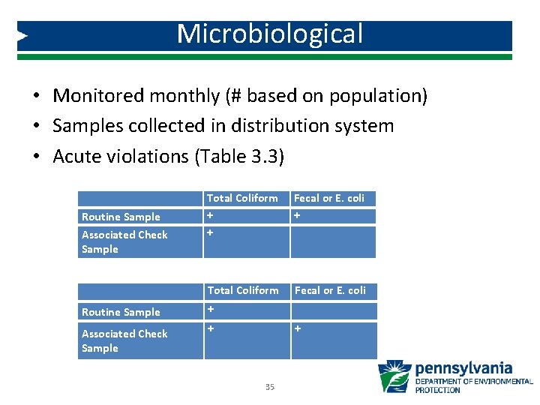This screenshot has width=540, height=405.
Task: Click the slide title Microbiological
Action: click(270, 34)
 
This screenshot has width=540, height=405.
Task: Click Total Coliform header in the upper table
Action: click(241, 198)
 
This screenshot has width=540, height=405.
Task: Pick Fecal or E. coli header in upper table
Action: click(328, 198)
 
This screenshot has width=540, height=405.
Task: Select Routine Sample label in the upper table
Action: click(121, 217)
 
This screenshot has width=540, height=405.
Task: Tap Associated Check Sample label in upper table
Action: click(124, 241)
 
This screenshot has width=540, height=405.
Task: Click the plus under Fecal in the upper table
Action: click(297, 216)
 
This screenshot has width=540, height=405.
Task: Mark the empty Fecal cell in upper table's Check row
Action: click(333, 241)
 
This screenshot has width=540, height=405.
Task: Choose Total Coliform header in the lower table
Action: click(242, 290)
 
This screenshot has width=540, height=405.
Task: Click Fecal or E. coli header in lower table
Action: click(329, 290)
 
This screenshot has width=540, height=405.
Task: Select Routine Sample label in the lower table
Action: click(121, 312)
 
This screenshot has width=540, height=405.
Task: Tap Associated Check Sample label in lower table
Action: click(124, 340)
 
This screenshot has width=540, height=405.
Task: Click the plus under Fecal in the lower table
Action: click(297, 328)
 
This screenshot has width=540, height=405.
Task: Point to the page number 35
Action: click(269, 387)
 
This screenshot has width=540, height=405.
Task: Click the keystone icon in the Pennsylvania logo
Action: click(394, 376)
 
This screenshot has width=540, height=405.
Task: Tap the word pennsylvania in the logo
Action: click(463, 368)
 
